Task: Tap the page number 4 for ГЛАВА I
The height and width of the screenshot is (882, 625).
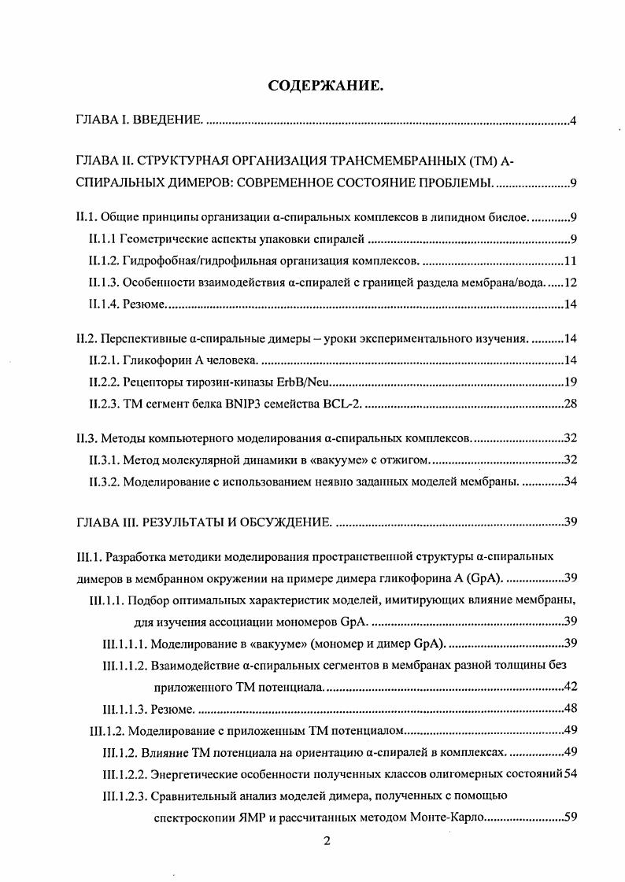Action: pos(574,121)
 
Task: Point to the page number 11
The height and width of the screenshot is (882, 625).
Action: pos(571,261)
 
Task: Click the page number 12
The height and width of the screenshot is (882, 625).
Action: pos(571,282)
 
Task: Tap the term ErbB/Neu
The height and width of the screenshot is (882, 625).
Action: pos(307,382)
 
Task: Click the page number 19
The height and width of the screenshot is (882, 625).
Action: pos(571,382)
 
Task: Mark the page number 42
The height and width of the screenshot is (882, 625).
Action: pos(571,686)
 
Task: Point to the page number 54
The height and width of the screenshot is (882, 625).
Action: pos(571,773)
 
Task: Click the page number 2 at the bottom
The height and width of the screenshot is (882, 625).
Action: pos(327,840)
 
